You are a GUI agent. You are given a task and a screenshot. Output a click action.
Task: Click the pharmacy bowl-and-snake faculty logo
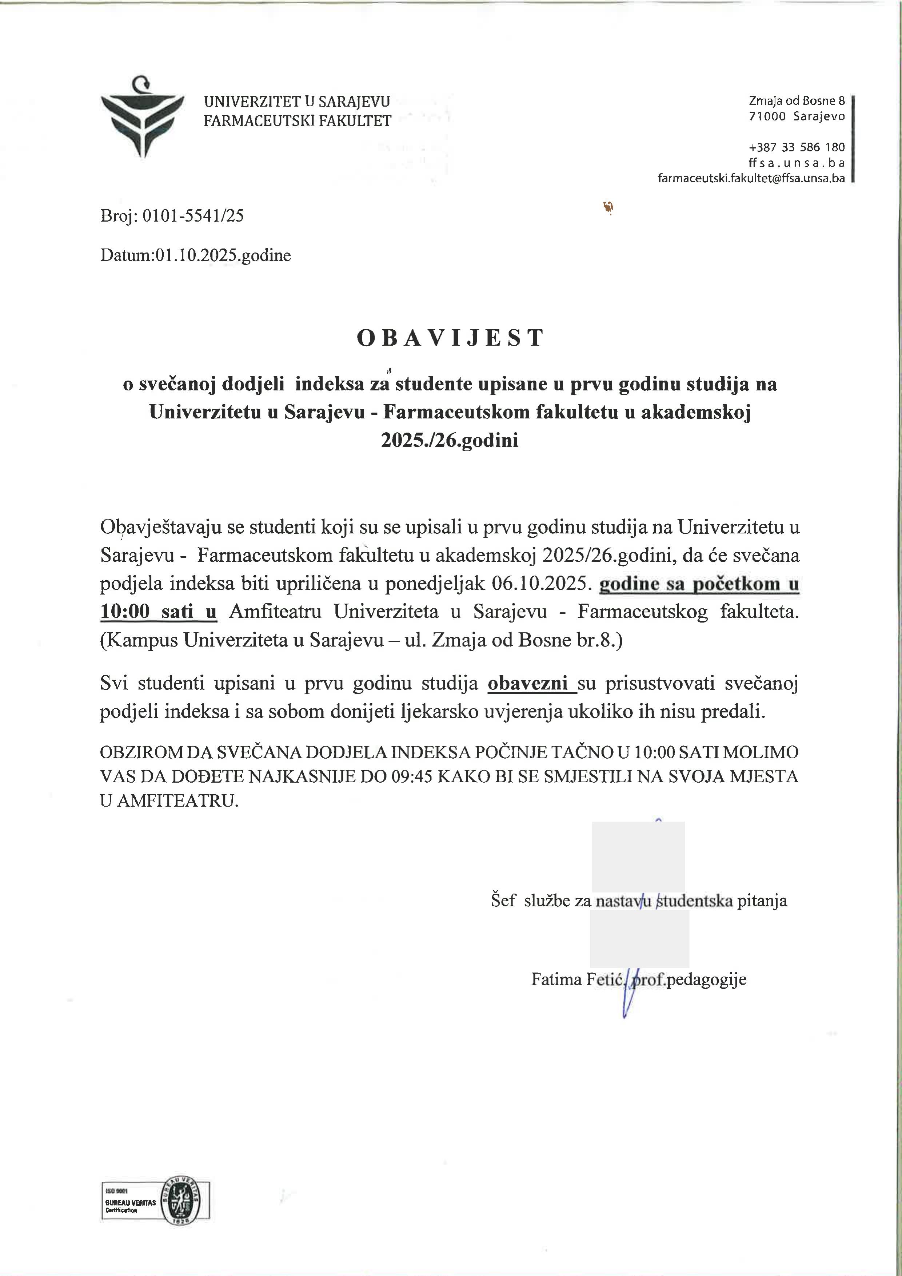tap(142, 117)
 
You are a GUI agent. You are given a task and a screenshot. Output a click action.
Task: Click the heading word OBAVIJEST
tap(450, 338)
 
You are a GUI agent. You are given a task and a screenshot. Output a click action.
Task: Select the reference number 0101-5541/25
tap(193, 216)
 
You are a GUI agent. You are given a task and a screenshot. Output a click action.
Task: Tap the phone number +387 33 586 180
tap(797, 147)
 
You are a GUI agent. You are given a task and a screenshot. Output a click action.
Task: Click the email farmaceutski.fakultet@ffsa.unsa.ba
tap(751, 178)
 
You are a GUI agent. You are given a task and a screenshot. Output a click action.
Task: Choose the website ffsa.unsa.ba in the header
tap(797, 163)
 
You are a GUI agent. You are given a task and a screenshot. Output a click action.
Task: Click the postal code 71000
tap(767, 116)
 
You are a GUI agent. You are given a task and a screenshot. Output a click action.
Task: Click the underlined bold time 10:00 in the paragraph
tap(125, 612)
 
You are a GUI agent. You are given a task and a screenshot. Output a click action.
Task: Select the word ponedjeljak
tap(431, 584)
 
